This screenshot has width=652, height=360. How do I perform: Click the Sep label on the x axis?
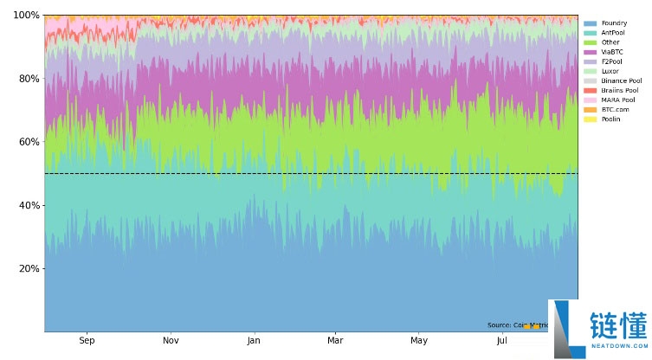click(x=87, y=342)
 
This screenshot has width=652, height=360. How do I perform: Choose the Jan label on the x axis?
click(x=254, y=342)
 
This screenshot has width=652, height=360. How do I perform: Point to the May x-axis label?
click(x=419, y=342)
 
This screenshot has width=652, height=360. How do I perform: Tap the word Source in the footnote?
click(x=499, y=325)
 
